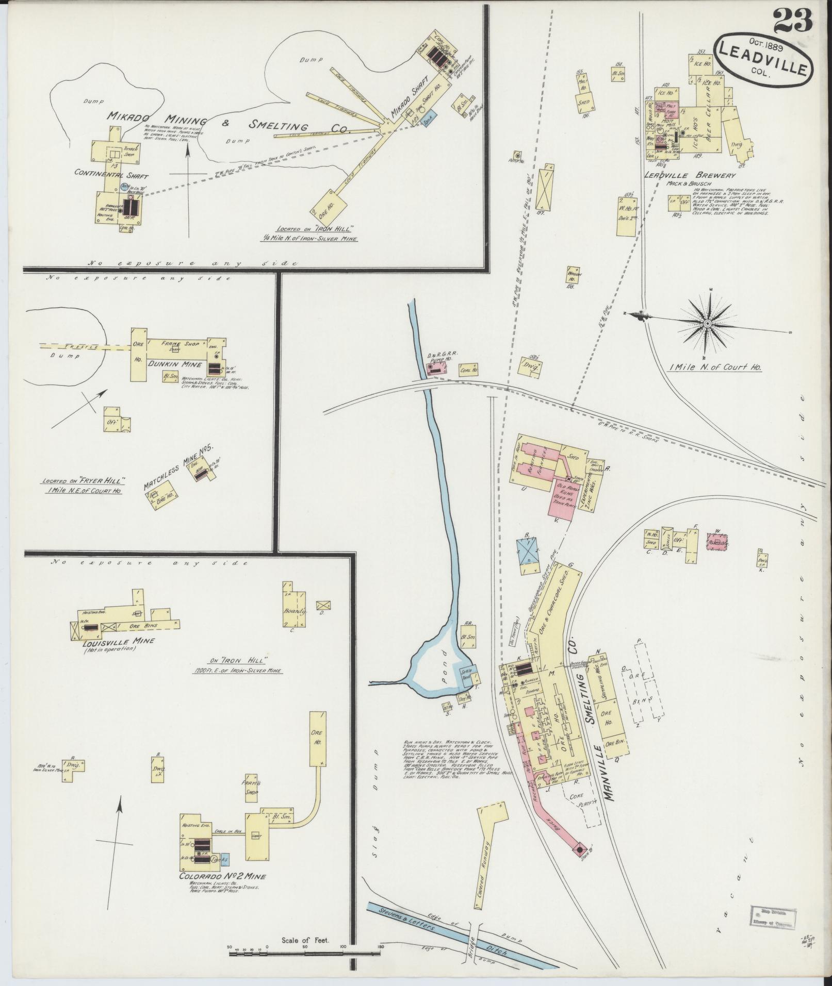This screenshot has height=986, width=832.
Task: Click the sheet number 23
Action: (793, 21)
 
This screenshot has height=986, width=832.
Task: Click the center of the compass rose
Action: (708, 323)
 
